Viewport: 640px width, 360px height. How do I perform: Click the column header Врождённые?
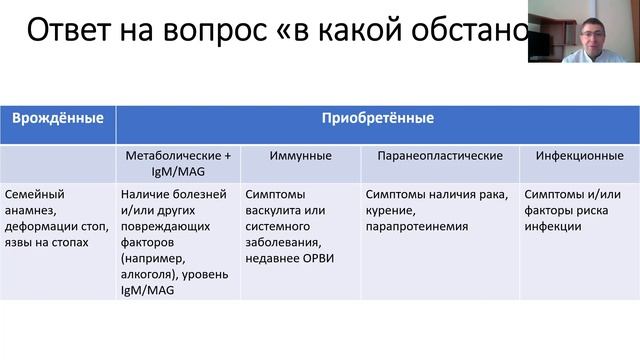(57, 119)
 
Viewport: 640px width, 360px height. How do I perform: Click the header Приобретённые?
(377, 119)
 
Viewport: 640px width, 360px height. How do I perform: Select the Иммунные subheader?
(295, 156)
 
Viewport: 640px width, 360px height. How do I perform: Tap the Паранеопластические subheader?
(439, 156)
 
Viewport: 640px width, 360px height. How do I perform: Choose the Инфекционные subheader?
(579, 156)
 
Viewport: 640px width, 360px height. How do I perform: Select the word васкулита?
(275, 210)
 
